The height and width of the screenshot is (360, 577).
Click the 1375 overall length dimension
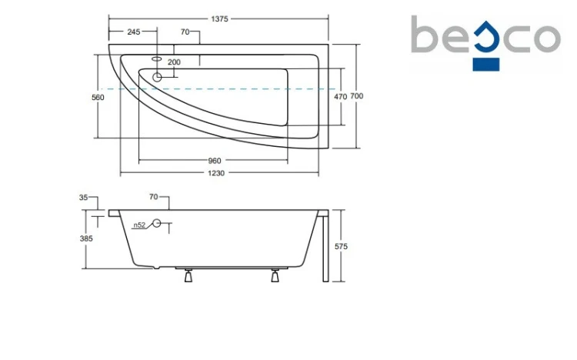click(x=219, y=18)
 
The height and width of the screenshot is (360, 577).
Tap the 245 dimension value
click(x=134, y=32)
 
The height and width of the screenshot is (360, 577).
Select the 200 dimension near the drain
click(x=174, y=62)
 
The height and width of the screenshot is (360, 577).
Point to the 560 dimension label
click(x=98, y=98)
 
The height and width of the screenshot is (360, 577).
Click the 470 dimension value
click(x=340, y=96)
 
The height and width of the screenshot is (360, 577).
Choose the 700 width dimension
click(x=356, y=96)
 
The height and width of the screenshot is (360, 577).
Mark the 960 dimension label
click(x=215, y=161)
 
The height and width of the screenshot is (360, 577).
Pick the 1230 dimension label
click(x=216, y=173)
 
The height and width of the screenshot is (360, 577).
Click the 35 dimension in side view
click(x=84, y=198)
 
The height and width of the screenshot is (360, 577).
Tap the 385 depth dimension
click(x=86, y=238)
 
